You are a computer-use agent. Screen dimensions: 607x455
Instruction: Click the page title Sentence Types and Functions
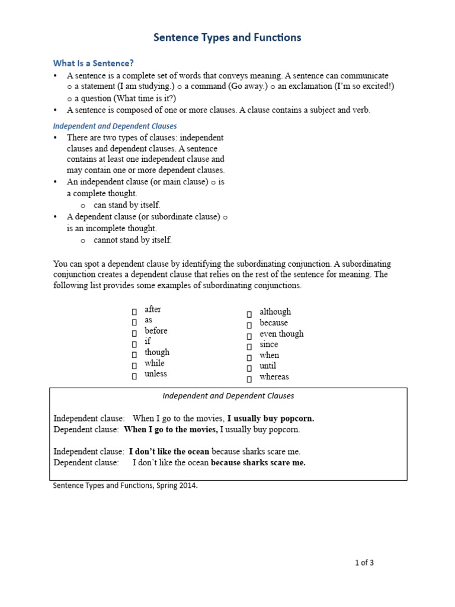pos(227,38)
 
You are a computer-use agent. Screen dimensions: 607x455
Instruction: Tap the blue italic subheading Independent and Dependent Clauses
pos(115,126)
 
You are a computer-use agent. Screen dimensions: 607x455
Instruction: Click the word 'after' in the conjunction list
pos(153,309)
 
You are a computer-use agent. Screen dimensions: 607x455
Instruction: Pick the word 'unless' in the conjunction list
pos(156,374)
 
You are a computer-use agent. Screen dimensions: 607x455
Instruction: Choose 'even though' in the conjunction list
pos(281,334)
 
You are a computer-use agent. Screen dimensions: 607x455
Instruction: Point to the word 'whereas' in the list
pos(274,377)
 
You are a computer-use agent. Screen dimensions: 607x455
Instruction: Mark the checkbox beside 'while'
pos(134,365)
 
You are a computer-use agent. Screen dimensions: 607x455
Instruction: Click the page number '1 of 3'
pos(364,563)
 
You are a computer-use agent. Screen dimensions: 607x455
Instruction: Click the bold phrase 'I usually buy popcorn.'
pos(271,418)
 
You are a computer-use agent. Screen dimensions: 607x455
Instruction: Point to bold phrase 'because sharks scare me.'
pos(258,463)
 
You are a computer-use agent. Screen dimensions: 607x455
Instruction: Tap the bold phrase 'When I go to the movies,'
pos(171,429)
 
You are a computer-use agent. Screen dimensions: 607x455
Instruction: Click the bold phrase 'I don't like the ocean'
pos(169,452)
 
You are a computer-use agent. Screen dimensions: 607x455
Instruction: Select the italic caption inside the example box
pos(228,396)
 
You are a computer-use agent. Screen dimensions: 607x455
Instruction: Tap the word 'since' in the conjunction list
pos(269,344)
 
